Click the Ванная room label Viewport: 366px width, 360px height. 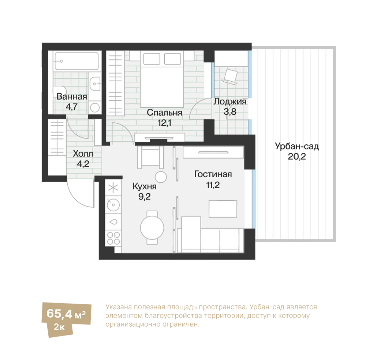pyautogui.click(x=72, y=96)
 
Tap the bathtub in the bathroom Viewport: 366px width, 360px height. pyautogui.click(x=76, y=61)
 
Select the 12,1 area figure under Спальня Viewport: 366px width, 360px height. pyautogui.click(x=164, y=123)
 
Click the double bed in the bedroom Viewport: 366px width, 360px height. pyautogui.click(x=162, y=79)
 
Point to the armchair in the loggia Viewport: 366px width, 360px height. pyautogui.click(x=231, y=76)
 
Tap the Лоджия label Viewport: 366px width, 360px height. pyautogui.click(x=230, y=101)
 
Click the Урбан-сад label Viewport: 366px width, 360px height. pyautogui.click(x=297, y=146)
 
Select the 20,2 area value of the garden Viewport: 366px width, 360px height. pyautogui.click(x=297, y=156)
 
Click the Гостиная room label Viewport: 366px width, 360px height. pyautogui.click(x=213, y=174)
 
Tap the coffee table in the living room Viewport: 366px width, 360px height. pyautogui.click(x=223, y=209)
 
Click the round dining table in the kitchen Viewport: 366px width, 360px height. pyautogui.click(x=152, y=227)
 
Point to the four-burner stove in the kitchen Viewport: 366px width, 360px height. pyautogui.click(x=113, y=238)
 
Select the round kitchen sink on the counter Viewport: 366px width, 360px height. pyautogui.click(x=113, y=205)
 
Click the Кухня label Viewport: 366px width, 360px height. pyautogui.click(x=145, y=186)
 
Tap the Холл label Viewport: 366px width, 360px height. pyautogui.click(x=83, y=154)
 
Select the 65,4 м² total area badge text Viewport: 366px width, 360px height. pyautogui.click(x=66, y=313)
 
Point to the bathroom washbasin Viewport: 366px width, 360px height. pyautogui.click(x=95, y=83)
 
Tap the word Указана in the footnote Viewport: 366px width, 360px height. pyautogui.click(x=119, y=307)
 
